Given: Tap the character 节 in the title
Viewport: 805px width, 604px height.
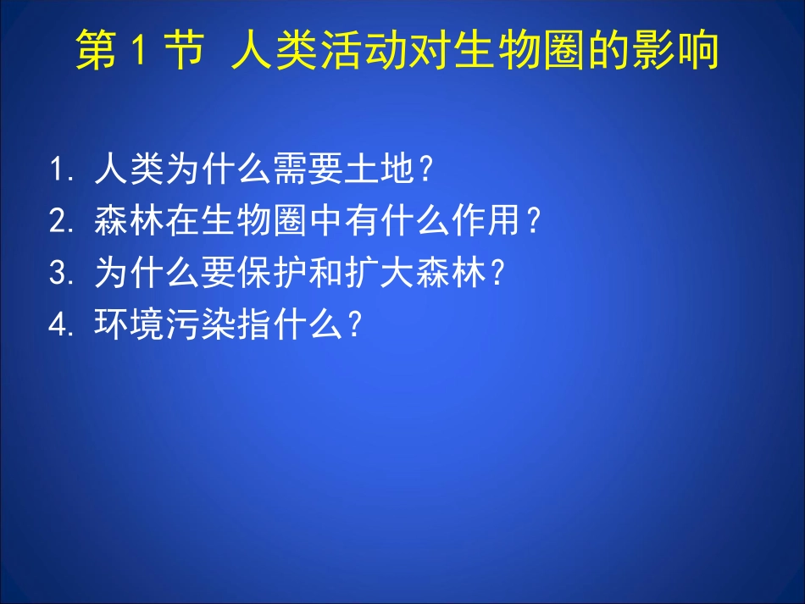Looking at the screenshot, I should (184, 52).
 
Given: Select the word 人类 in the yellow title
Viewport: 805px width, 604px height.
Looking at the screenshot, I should (271, 52).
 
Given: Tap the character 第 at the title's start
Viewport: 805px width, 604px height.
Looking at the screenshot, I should (97, 52).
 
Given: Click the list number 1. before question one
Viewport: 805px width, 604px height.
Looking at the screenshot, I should (63, 171).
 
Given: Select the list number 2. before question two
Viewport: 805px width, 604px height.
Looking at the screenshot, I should (63, 222).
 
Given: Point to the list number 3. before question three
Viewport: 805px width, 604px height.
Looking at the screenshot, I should (63, 274).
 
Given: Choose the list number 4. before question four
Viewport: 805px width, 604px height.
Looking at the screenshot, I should (63, 325).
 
